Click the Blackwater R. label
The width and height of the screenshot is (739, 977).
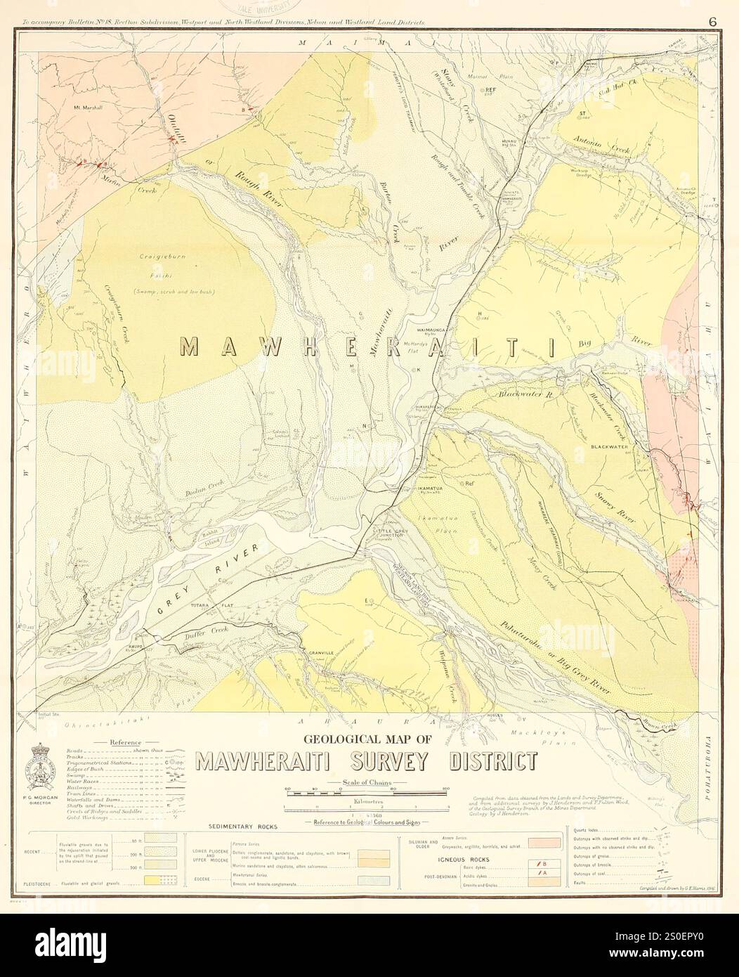526,395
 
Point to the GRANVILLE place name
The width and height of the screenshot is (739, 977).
324,653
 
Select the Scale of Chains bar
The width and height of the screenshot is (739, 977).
365,792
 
